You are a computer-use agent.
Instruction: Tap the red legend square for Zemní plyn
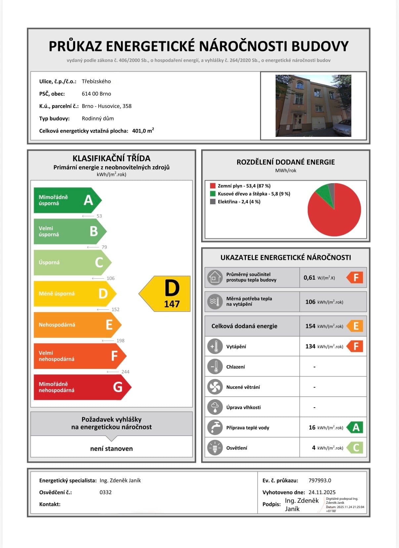pos(213,186)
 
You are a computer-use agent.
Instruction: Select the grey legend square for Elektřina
pos(213,202)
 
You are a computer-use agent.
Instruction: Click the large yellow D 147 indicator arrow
pos(167,294)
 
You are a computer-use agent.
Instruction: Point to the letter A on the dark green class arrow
pos(88,200)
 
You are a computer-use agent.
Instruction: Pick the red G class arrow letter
pos(117,387)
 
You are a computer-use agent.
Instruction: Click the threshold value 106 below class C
pos(111,278)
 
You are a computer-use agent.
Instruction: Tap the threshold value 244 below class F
pos(125,372)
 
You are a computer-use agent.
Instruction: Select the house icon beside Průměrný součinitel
pos(215,277)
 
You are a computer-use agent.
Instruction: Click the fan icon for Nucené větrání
pos(215,387)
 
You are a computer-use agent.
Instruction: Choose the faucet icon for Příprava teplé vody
pos(215,427)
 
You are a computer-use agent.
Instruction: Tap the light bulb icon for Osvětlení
pos(215,448)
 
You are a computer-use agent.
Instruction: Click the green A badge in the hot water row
pos(356,427)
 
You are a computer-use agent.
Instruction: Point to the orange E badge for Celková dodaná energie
pos(356,326)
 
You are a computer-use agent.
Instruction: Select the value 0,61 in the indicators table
pos(309,278)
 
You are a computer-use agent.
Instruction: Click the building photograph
pos(313,106)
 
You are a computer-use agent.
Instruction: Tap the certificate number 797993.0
pos(320,481)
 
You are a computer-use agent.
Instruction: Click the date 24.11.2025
pos(322,492)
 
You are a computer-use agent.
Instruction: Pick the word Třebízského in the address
pos(96,81)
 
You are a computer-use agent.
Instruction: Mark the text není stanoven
pos(111,449)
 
